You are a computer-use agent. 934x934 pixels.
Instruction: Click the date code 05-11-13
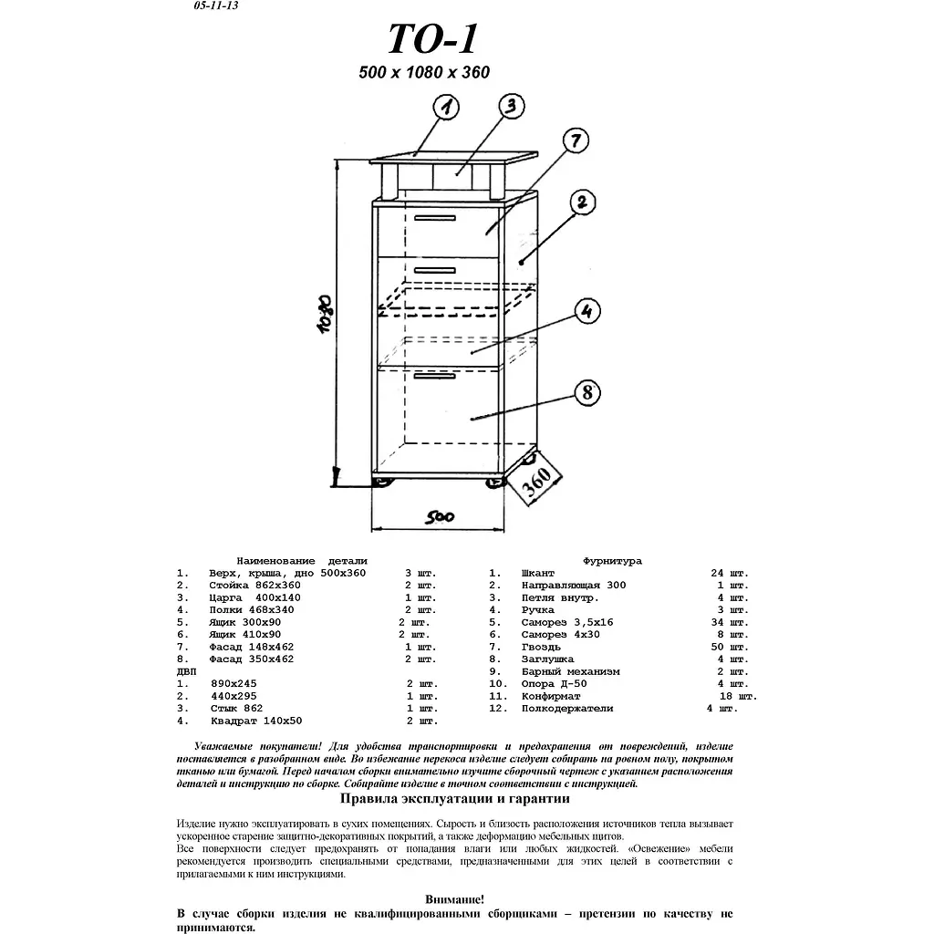[216, 5]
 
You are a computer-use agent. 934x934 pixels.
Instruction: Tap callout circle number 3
[512, 106]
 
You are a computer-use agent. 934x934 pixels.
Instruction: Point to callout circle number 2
[584, 203]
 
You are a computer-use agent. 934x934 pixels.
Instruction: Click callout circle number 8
[588, 393]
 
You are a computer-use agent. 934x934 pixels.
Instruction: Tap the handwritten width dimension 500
[440, 517]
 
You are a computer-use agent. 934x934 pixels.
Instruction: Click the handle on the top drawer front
[434, 218]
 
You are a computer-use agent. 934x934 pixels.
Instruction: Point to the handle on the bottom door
[434, 375]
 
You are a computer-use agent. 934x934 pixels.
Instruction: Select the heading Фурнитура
[612, 561]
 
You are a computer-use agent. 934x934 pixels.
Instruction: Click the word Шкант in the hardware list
[538, 573]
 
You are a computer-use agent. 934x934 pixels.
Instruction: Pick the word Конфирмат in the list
[551, 696]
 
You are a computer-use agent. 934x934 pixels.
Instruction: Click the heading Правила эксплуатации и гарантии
[454, 799]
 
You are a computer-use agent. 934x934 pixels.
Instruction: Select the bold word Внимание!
[454, 899]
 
